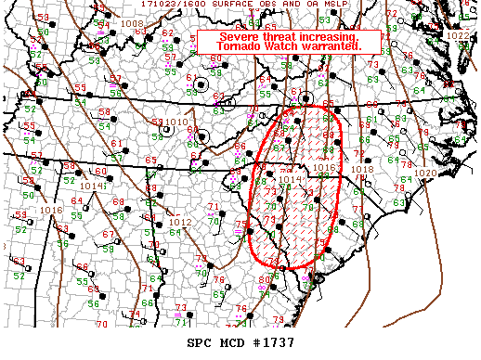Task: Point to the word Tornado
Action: coord(232,46)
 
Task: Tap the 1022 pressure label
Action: coord(458,35)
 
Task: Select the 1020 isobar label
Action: coord(425,174)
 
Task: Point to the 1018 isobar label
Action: coord(362,169)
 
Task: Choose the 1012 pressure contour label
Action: coord(180,223)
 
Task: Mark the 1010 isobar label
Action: coord(176,122)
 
